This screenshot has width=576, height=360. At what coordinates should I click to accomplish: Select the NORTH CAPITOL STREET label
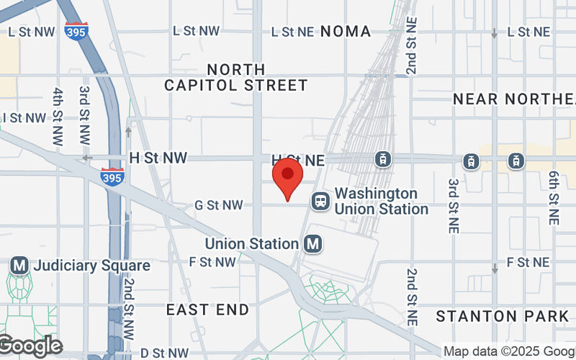(x=236, y=78)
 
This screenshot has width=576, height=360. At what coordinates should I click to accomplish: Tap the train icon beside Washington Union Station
(x=320, y=201)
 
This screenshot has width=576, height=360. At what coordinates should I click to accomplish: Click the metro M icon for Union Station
(x=313, y=244)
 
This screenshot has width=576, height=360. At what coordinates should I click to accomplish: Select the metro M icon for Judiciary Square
(x=19, y=266)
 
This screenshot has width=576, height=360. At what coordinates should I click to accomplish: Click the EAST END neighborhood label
(x=207, y=310)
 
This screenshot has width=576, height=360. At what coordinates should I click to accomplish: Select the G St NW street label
(x=219, y=205)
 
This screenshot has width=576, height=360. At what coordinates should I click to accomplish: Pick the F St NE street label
(x=528, y=261)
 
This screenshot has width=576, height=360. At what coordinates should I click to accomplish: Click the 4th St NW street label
(x=58, y=114)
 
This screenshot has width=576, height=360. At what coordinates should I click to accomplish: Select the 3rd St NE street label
(x=454, y=205)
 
